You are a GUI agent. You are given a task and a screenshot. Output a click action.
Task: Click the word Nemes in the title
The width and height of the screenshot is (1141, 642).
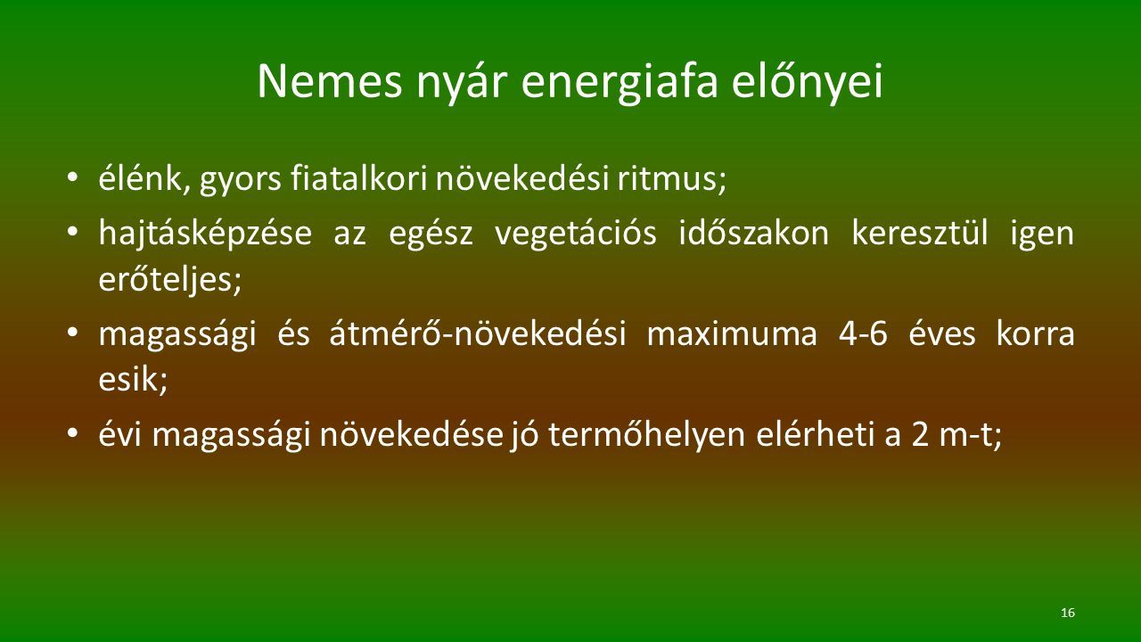click(330, 81)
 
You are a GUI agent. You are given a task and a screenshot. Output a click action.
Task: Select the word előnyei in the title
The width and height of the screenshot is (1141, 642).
click(808, 81)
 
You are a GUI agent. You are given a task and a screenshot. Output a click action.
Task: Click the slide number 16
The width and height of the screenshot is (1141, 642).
click(1068, 613)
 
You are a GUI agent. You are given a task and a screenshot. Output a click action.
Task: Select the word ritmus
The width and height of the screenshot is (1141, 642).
click(671, 179)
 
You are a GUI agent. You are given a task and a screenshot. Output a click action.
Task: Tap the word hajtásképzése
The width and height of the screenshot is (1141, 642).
click(205, 234)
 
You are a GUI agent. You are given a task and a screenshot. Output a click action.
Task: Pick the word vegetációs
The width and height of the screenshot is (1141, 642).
click(576, 234)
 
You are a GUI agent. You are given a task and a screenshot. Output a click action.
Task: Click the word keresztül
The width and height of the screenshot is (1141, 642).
click(920, 233)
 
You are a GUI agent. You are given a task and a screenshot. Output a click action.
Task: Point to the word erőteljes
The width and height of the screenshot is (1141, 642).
click(169, 280)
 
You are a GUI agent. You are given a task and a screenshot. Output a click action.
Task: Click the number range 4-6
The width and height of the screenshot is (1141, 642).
click(863, 334)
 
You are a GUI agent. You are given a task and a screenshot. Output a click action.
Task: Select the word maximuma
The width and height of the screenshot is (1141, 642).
click(732, 334)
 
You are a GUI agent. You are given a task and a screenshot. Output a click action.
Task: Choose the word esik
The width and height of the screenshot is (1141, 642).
click(133, 379)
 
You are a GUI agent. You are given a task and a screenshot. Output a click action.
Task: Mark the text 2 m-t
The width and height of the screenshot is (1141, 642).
click(956, 435)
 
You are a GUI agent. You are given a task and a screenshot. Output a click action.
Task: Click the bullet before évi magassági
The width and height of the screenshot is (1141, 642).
click(72, 434)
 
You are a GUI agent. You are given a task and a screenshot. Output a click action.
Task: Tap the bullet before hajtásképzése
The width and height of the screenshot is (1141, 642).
click(72, 232)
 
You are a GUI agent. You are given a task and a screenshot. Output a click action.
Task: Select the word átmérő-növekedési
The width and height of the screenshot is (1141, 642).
click(477, 334)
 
